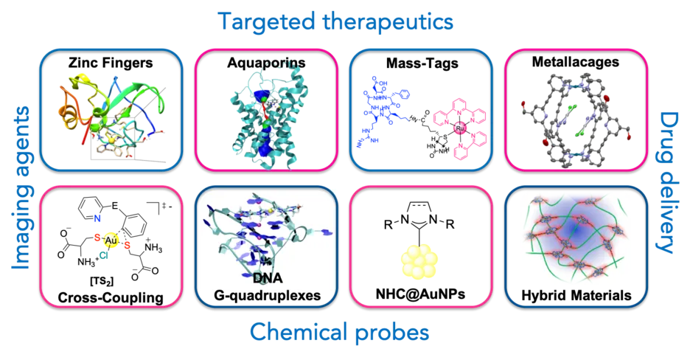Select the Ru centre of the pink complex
459,127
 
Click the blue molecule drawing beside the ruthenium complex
386,114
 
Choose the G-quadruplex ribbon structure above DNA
265,229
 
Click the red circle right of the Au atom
128,245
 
